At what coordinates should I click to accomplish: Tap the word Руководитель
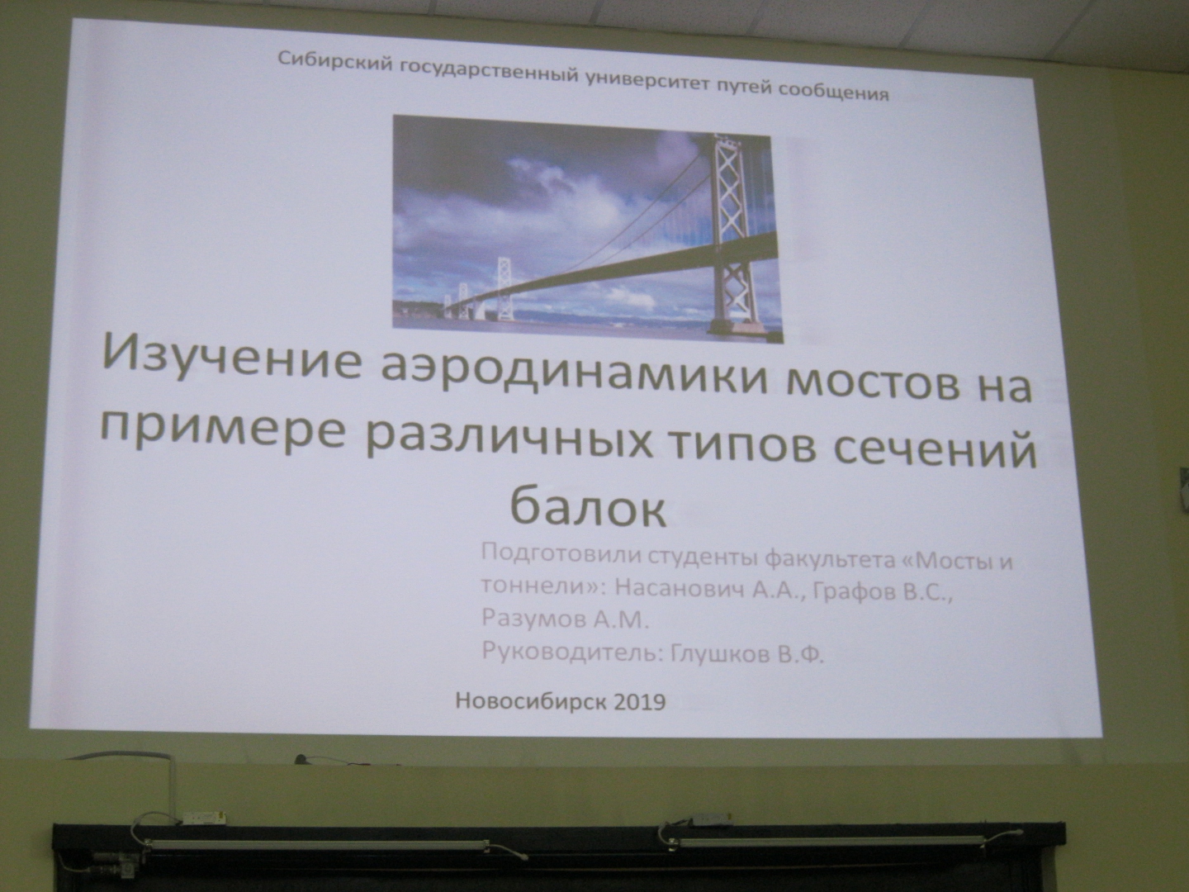pos(572,652)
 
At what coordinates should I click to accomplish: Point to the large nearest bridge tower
pos(737,233)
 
